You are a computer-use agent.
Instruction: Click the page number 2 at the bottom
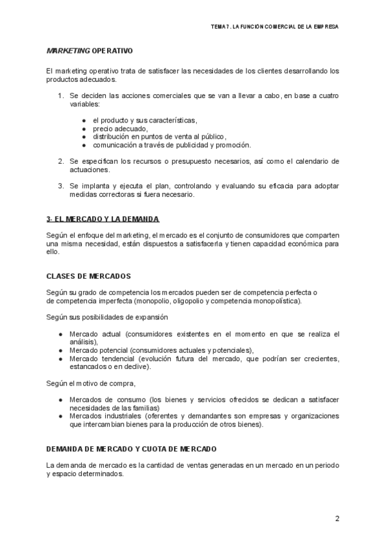click(x=337, y=519)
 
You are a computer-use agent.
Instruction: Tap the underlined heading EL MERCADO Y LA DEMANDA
click(x=103, y=219)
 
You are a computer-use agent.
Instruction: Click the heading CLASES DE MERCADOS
click(x=88, y=275)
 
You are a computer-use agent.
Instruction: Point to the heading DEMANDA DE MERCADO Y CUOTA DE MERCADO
click(x=132, y=448)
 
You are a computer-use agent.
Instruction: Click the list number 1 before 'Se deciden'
click(x=61, y=95)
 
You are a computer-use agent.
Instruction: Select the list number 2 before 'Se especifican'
click(x=61, y=161)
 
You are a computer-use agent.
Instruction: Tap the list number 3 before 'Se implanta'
click(x=61, y=185)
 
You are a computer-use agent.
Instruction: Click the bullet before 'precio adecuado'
click(x=84, y=128)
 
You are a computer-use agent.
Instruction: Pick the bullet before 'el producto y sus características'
click(x=84, y=121)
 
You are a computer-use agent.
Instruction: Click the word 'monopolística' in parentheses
click(x=274, y=301)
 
